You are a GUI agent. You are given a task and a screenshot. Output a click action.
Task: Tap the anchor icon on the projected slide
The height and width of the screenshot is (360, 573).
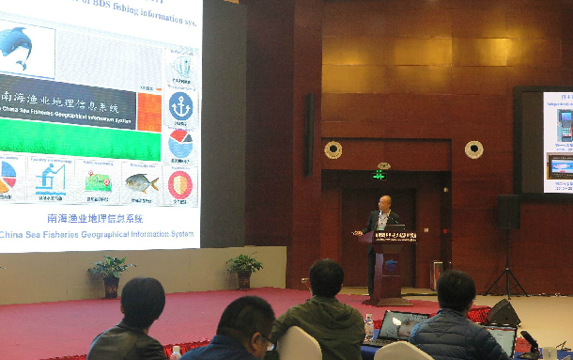click(x=181, y=106)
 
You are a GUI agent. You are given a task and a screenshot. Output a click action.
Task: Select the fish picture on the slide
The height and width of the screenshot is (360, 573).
click(x=141, y=182)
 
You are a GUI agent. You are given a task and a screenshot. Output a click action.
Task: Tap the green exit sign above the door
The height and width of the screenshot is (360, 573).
click(x=379, y=175)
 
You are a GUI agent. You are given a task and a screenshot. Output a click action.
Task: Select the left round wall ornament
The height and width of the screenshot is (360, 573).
click(x=333, y=149)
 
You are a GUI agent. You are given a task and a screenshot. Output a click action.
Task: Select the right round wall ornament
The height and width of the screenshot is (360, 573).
click(x=473, y=149)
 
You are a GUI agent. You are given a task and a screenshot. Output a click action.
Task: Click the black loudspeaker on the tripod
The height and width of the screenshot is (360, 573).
click(x=508, y=211)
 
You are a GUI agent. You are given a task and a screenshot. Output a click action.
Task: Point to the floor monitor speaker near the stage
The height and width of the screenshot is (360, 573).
click(x=503, y=312)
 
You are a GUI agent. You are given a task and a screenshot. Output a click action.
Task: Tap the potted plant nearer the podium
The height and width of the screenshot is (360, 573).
click(x=244, y=268)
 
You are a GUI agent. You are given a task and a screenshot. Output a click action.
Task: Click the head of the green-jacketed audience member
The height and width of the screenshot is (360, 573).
click(x=325, y=279)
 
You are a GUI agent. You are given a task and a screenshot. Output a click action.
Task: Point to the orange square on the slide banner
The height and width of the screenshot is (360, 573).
click(x=148, y=112)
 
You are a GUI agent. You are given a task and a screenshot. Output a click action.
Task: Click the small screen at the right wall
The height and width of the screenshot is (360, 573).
click(x=558, y=141)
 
